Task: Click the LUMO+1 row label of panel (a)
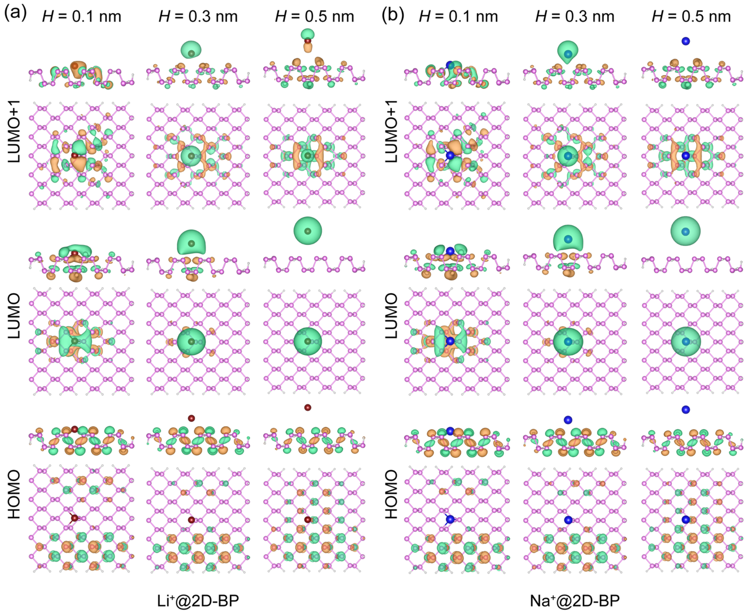pos(14,131)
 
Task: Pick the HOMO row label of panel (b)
pos(391,494)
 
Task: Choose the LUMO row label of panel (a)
pos(14,316)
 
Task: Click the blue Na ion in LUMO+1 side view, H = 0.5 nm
pos(686,41)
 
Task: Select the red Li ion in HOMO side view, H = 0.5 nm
pos(308,407)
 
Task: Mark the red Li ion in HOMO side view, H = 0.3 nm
pos(191,418)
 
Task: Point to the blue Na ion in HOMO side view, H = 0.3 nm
pos(568,420)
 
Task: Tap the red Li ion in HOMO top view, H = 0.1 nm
pos(74,518)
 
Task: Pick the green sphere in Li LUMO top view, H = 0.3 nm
pos(191,341)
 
